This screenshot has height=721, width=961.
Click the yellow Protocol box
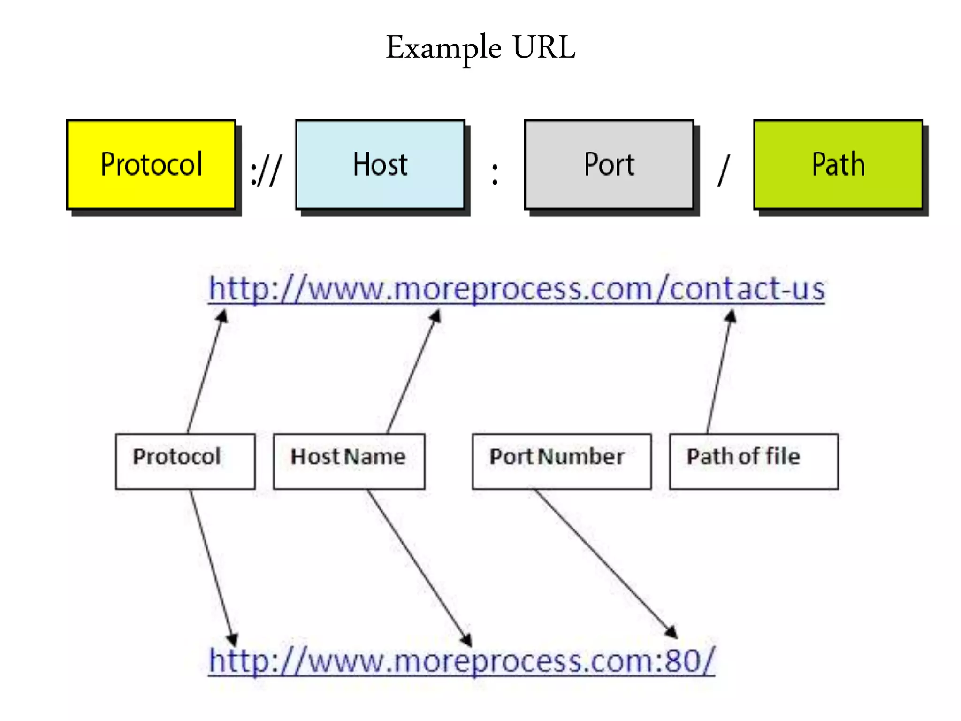pos(151,164)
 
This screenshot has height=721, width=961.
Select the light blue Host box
pos(380,164)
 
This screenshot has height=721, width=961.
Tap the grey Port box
pos(609,164)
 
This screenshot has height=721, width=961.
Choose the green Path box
pos(838,164)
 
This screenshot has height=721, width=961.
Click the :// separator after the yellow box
pos(266,171)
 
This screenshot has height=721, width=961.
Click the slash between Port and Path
pos(724,171)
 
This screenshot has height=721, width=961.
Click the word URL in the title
pos(544,47)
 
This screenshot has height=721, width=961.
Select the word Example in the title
pos(443,48)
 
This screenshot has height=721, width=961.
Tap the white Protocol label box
pos(185,461)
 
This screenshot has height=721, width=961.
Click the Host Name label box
pos(349,461)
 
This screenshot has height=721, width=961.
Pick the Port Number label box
pos(562,461)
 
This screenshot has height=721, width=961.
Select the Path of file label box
pos(754,461)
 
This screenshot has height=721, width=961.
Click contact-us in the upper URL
pos(747,289)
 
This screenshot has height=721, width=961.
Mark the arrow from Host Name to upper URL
pos(412,373)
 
